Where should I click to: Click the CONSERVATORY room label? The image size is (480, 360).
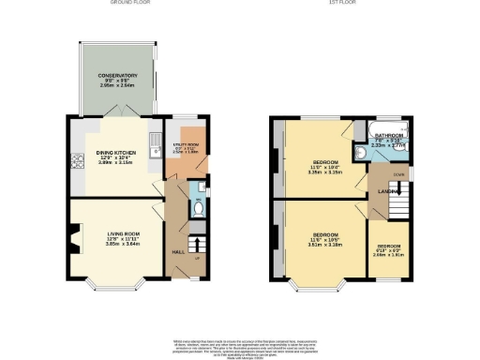pos(112,75)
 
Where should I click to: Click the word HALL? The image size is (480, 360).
pos(177,251)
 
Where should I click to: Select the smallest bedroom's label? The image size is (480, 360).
pos(388,246)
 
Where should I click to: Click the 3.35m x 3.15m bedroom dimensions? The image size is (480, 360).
pos(325,172)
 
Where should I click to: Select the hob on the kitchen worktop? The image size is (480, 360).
pos(72,160)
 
